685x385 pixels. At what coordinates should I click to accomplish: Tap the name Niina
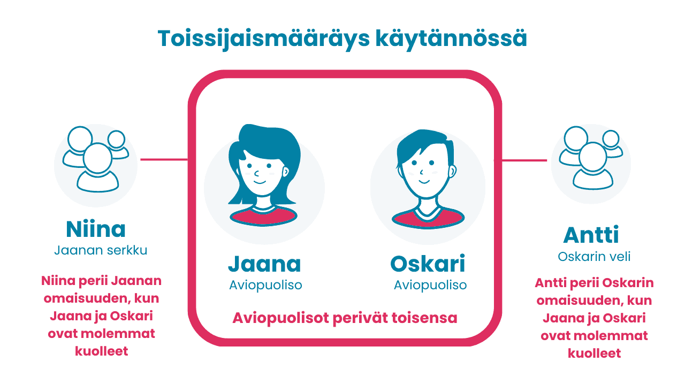coord(96,229)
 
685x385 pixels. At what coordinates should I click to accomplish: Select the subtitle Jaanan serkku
coord(101,250)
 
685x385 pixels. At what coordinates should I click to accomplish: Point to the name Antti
coord(591,235)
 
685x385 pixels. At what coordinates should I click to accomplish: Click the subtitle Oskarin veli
coord(594,257)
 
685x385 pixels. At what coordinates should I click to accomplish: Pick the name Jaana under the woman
coord(264,264)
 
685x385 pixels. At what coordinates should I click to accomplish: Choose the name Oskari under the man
coord(428,264)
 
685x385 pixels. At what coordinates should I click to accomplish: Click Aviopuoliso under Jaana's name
coord(265,285)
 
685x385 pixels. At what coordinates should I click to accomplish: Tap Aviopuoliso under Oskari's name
coord(430,285)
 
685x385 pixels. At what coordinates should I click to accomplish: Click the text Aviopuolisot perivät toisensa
coord(345,318)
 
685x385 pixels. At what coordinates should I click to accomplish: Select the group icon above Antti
coord(591,158)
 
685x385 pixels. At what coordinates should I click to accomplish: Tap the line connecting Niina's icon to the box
coord(164,159)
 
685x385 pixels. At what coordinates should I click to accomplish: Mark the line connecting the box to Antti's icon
coord(524,160)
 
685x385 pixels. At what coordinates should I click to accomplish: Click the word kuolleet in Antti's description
coord(594,353)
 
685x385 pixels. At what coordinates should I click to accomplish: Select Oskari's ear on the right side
coord(453,173)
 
